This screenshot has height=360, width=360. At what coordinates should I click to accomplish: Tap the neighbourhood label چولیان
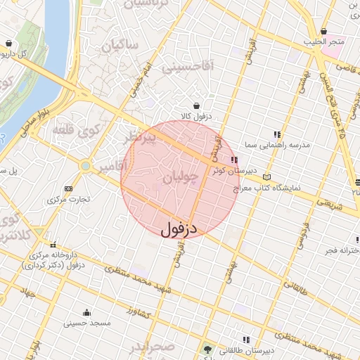tap(176, 180)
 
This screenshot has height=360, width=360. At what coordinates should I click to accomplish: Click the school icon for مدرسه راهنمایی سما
tap(277, 134)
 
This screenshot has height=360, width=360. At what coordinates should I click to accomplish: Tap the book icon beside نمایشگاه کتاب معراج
tap(266, 177)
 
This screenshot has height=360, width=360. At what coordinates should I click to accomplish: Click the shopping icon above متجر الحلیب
tap(323, 32)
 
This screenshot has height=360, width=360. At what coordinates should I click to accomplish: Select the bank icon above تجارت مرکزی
tap(68, 188)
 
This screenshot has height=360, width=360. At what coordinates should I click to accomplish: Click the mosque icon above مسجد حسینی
tap(86, 313)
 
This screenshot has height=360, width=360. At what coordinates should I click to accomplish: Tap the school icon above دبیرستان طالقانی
tap(245, 339)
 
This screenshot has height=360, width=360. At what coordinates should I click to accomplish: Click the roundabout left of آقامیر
tap(86, 167)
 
